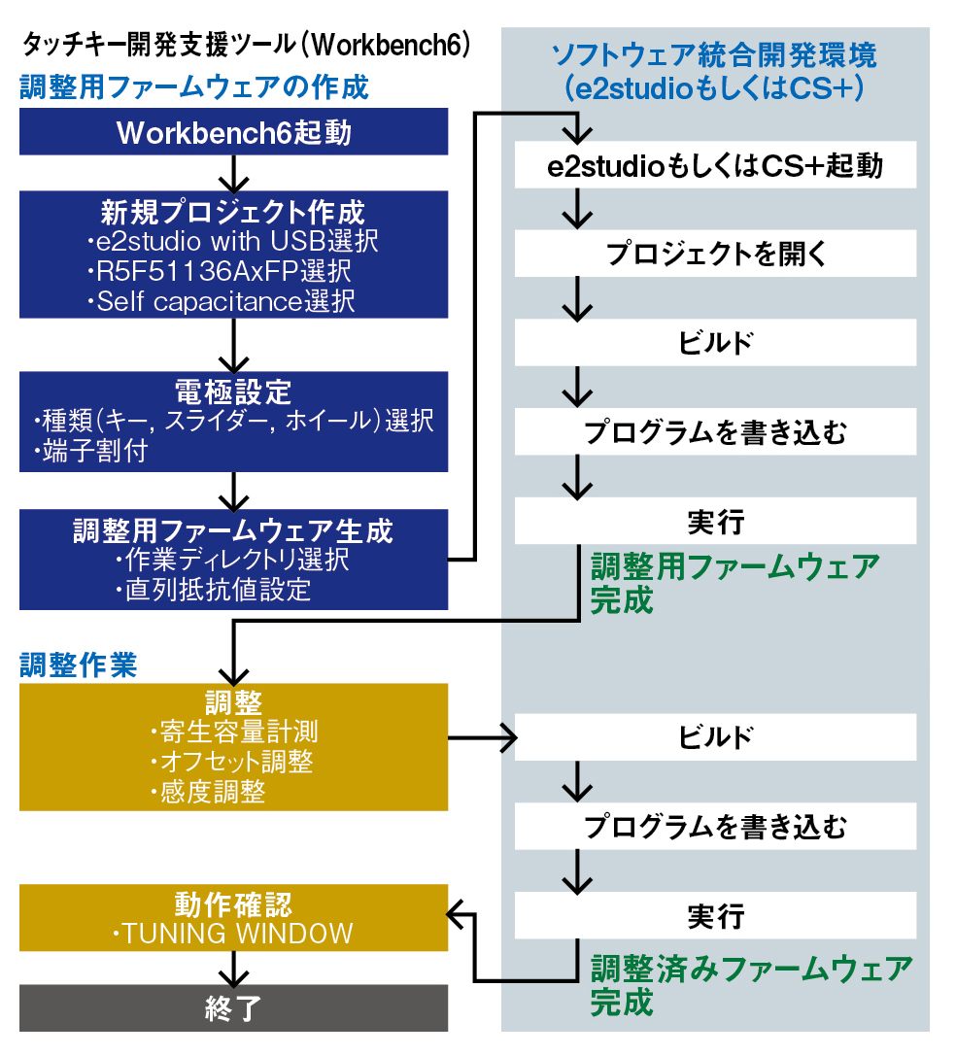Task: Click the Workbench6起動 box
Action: [233, 132]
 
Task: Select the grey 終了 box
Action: [233, 1008]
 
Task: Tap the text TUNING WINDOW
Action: [233, 935]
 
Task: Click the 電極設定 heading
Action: [233, 392]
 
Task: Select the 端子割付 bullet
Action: [94, 452]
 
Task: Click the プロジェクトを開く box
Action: [715, 255]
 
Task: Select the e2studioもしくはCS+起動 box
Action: [715, 166]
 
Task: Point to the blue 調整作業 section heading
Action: [79, 665]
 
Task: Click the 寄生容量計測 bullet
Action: [234, 731]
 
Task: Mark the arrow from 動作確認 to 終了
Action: [233, 968]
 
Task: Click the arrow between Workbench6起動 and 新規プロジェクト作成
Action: [233, 173]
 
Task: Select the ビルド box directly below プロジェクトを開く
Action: [715, 343]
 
